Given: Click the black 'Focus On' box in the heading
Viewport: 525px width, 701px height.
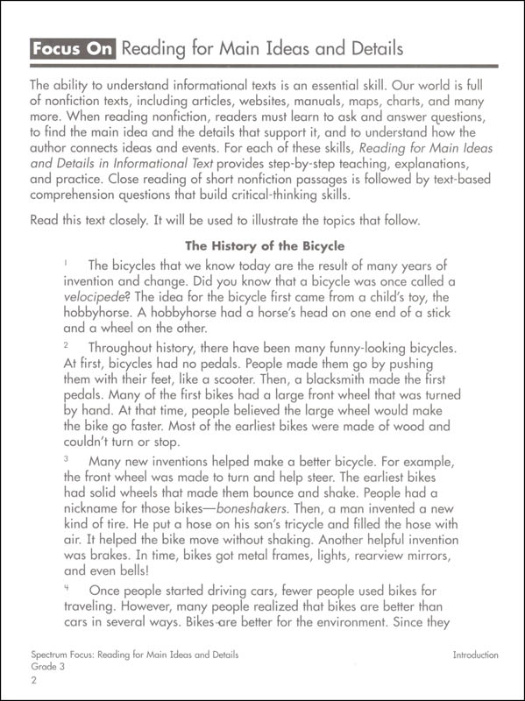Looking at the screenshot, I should click(x=72, y=48).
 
